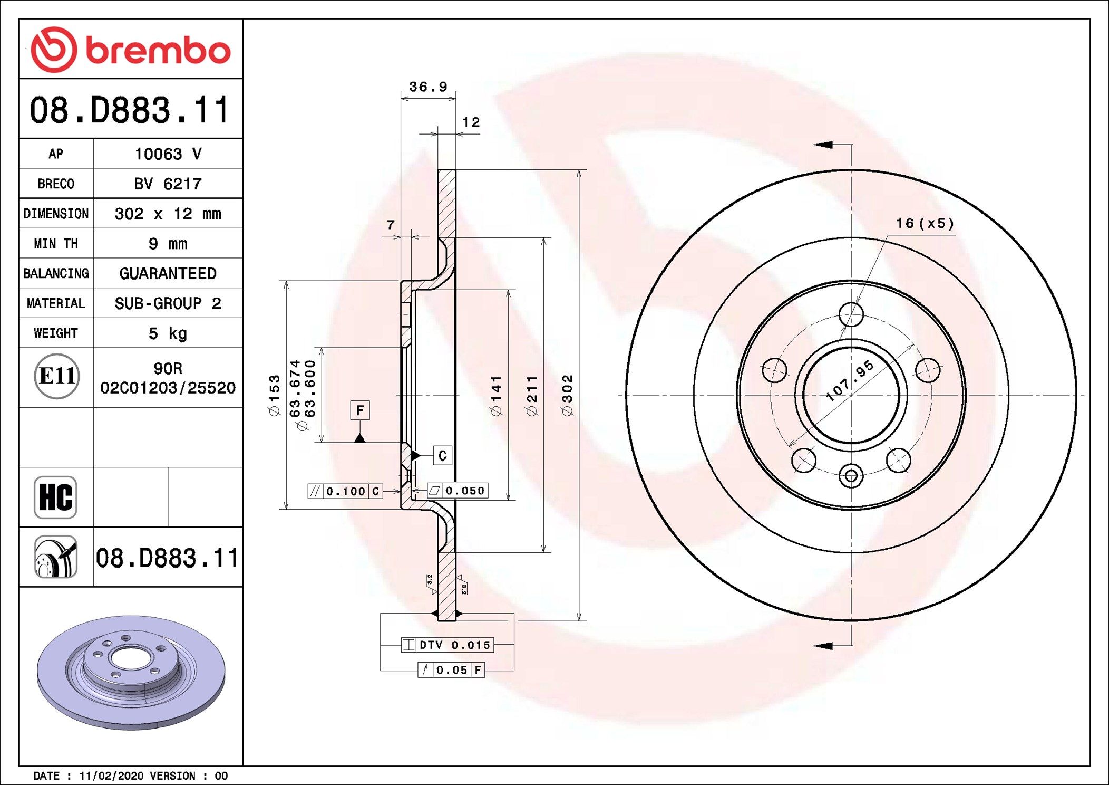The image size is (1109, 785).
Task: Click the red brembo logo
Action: point(131,50)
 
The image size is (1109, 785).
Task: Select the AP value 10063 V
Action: point(168,154)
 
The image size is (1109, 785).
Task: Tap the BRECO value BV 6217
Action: point(168,184)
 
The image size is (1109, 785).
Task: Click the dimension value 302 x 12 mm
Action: point(168,214)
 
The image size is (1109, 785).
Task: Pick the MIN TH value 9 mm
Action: point(168,244)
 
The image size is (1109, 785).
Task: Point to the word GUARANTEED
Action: point(168,273)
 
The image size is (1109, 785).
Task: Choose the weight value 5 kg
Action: point(168,333)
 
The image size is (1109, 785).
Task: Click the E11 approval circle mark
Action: point(57,376)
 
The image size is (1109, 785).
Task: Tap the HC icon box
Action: point(55,497)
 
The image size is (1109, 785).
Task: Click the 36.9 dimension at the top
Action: point(428,87)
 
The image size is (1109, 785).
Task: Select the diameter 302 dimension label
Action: point(567,395)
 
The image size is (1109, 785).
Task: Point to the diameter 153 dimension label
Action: point(275,396)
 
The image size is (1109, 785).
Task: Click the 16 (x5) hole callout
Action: point(925,223)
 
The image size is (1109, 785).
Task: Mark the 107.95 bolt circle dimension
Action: point(850,381)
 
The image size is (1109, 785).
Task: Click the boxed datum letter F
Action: point(360,410)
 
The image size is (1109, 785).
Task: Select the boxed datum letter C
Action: point(442,455)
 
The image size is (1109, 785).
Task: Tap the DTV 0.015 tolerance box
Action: point(448,645)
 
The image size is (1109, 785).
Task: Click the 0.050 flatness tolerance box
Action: point(458,491)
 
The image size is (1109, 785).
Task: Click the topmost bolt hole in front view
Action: point(851,315)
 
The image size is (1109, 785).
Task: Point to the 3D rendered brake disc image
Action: point(131,672)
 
